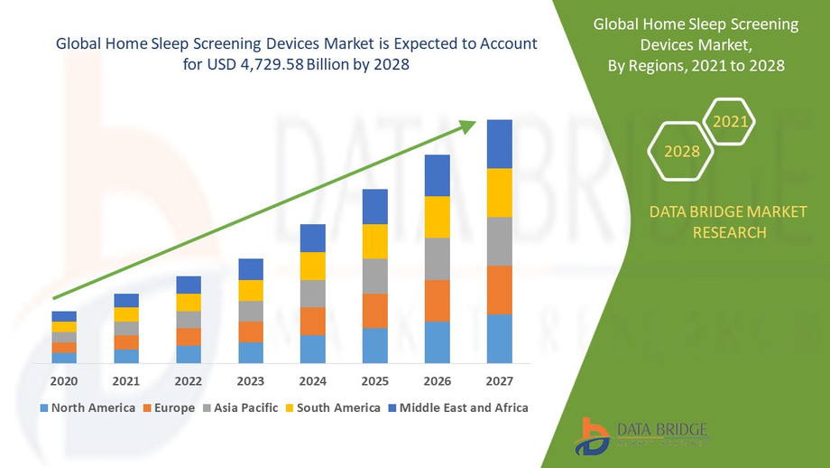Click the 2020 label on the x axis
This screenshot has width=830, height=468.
[64, 381]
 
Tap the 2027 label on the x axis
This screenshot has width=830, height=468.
[499, 381]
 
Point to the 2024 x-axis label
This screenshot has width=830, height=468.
[312, 381]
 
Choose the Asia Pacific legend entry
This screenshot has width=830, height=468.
[239, 407]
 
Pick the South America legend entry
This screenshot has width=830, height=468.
[334, 407]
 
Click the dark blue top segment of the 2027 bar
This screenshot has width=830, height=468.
[499, 144]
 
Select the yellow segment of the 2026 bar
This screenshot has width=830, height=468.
[437, 217]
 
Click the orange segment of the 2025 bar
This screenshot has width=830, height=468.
[374, 311]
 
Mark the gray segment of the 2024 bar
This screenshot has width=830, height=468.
[312, 294]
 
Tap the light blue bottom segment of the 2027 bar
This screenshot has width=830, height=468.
[499, 339]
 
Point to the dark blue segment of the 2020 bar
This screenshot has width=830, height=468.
[64, 316]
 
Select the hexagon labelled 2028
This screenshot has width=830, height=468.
[682, 151]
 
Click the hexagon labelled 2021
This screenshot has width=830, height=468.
[729, 120]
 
